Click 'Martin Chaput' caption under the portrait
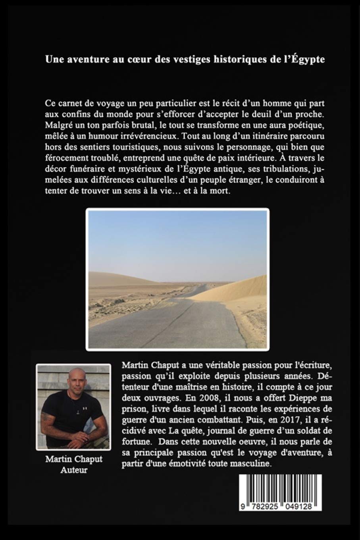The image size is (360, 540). tap(74, 459)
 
